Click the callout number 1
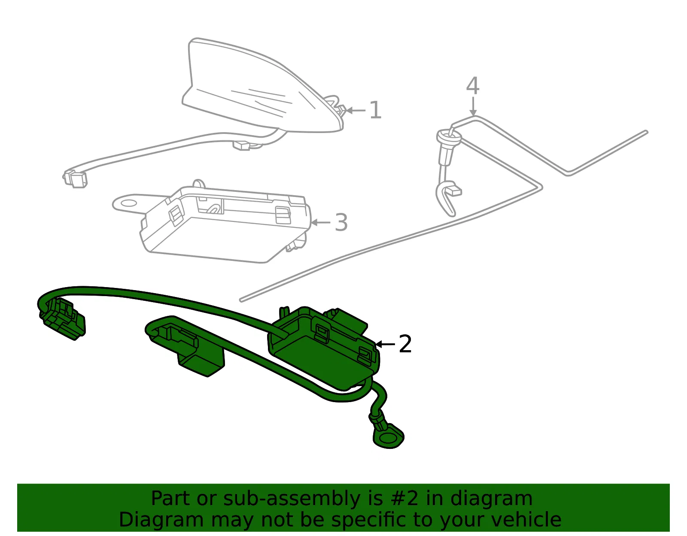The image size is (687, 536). click(x=375, y=110)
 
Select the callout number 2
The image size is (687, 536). click(x=405, y=344)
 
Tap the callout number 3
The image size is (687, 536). click(x=341, y=222)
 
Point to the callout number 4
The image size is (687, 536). click(x=473, y=85)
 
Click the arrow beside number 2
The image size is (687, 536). click(x=385, y=344)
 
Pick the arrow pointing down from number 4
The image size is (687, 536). click(x=473, y=106)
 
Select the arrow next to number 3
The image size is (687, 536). click(x=321, y=222)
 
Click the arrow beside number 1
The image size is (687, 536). click(x=356, y=110)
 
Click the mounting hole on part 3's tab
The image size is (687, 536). click(x=128, y=203)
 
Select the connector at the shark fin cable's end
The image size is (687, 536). click(x=75, y=179)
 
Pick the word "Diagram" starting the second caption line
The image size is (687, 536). click(x=161, y=520)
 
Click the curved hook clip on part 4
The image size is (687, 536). click(x=447, y=198)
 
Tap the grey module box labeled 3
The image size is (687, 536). click(x=221, y=224)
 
